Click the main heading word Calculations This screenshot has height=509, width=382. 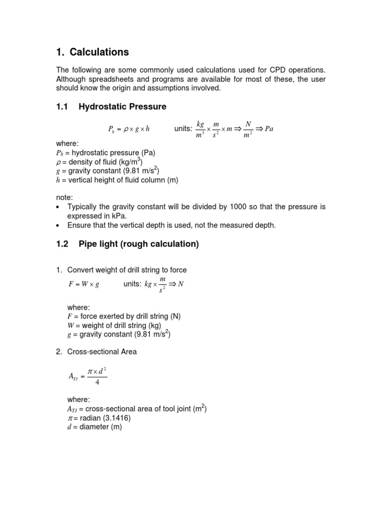[99, 52]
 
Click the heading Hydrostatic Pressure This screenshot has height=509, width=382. [122, 107]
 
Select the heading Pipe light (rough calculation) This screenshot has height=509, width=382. [139, 244]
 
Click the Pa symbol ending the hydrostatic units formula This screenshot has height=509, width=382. [269, 129]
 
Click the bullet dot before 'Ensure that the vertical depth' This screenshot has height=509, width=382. [58, 226]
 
